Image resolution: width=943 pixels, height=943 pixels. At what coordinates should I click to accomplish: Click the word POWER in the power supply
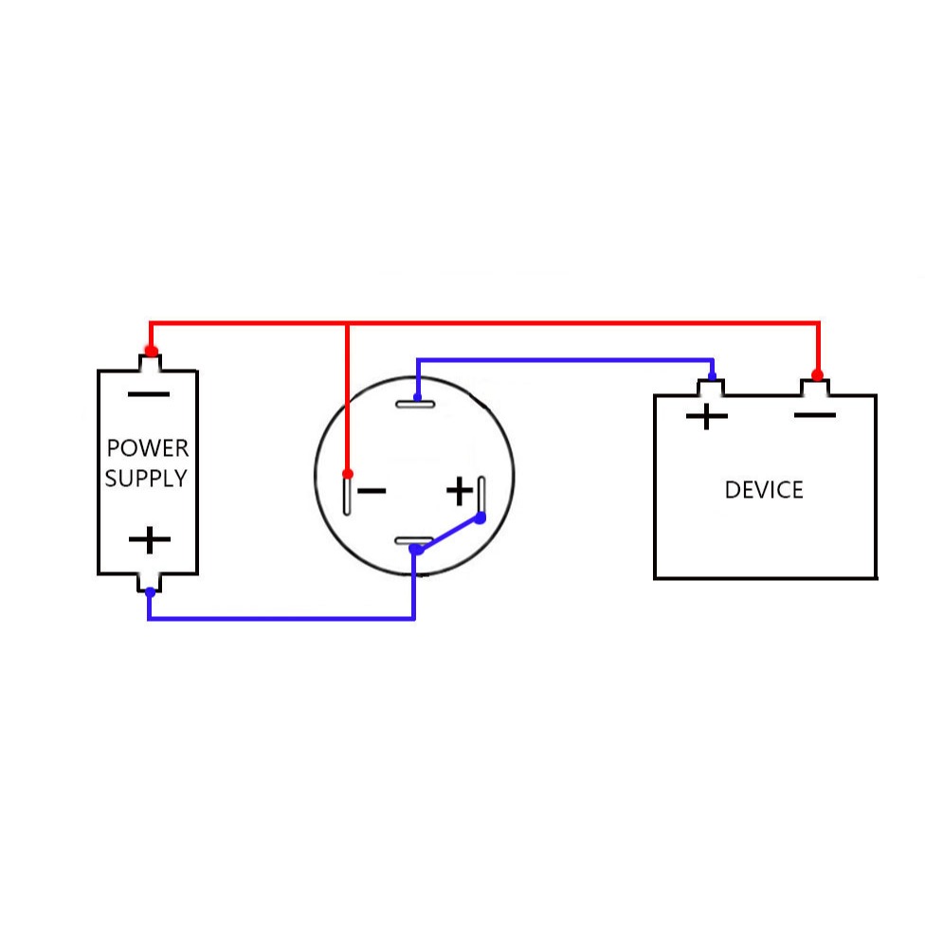pyautogui.click(x=148, y=448)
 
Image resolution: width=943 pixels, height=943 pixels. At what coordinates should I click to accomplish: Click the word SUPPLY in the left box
pyautogui.click(x=146, y=478)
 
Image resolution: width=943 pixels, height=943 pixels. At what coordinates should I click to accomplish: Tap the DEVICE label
pyautogui.click(x=764, y=490)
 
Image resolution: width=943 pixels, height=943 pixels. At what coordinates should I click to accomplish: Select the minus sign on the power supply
pyautogui.click(x=149, y=394)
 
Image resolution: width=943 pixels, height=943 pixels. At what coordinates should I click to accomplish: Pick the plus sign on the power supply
pyautogui.click(x=150, y=539)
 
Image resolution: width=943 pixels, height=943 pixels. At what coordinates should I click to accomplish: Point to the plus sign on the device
pyautogui.click(x=707, y=416)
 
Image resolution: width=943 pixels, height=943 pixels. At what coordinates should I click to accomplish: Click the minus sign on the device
pyautogui.click(x=815, y=415)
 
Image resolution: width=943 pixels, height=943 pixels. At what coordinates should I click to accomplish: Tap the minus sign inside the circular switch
pyautogui.click(x=372, y=491)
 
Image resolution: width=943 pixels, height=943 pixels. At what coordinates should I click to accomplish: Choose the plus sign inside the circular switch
pyautogui.click(x=460, y=491)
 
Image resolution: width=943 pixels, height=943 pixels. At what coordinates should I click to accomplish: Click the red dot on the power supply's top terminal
pyautogui.click(x=152, y=351)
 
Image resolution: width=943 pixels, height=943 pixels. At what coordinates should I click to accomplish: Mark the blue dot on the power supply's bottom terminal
pyautogui.click(x=151, y=592)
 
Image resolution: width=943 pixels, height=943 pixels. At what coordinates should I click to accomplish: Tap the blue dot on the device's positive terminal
pyautogui.click(x=712, y=377)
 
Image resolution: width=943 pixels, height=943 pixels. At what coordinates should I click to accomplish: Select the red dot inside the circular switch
pyautogui.click(x=348, y=474)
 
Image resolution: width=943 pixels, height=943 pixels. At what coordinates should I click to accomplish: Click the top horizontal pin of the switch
pyautogui.click(x=415, y=404)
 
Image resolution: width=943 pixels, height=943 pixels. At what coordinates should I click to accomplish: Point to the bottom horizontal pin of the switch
pyautogui.click(x=414, y=541)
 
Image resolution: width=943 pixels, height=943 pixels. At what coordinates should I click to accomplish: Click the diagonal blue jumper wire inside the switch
pyautogui.click(x=448, y=534)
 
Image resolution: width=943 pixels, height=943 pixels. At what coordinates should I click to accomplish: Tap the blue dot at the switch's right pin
pyautogui.click(x=481, y=517)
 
